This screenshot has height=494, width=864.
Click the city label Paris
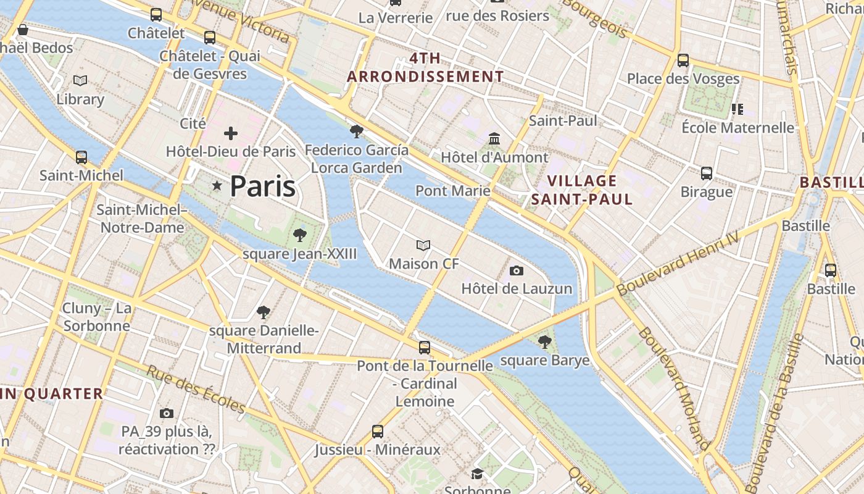[x=262, y=186]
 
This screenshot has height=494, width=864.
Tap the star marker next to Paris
[x=217, y=186]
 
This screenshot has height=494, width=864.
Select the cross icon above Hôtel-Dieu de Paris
[x=231, y=133]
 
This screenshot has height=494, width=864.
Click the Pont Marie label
[x=453, y=190]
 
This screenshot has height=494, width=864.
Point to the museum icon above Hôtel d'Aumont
[x=494, y=138]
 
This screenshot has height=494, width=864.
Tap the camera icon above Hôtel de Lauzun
[x=517, y=270]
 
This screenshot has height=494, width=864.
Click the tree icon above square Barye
[x=544, y=341]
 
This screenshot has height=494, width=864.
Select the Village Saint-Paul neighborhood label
[x=582, y=190]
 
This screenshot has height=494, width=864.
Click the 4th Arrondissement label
[x=425, y=67]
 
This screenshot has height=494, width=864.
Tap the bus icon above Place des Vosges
[x=683, y=60]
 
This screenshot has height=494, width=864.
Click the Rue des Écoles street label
[x=196, y=389]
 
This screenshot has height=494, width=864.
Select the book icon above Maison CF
[x=423, y=245]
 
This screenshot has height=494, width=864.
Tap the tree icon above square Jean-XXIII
[x=300, y=235]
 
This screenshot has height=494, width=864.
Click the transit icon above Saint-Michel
[x=81, y=157]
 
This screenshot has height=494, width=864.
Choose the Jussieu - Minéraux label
[x=378, y=450]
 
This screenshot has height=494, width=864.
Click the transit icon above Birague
[x=707, y=173]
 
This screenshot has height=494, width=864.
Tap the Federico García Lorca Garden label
[x=357, y=159]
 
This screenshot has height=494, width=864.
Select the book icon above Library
[x=80, y=80]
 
